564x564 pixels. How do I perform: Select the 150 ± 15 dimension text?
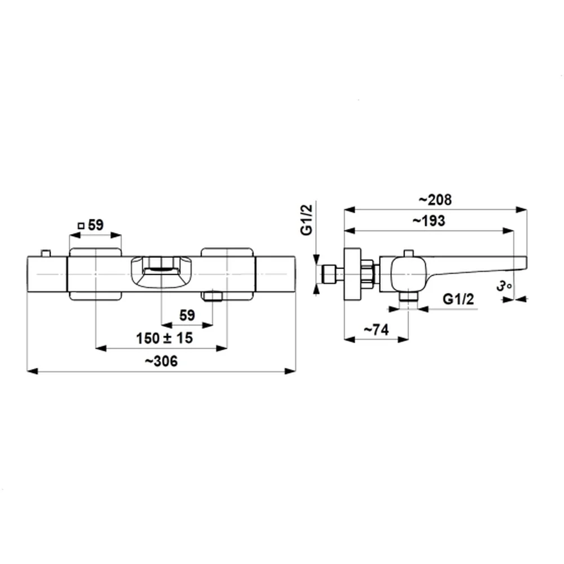(x=164, y=338)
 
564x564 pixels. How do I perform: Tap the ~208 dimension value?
(x=435, y=200)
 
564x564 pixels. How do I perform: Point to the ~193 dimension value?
(x=428, y=221)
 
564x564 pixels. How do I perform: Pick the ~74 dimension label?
(x=376, y=331)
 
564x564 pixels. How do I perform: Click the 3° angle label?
(x=504, y=287)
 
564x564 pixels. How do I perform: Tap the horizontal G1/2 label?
(x=457, y=298)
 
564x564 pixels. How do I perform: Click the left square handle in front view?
(x=95, y=274)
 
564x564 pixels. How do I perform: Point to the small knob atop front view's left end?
(x=46, y=252)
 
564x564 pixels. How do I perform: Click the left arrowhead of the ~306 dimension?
(x=32, y=371)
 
